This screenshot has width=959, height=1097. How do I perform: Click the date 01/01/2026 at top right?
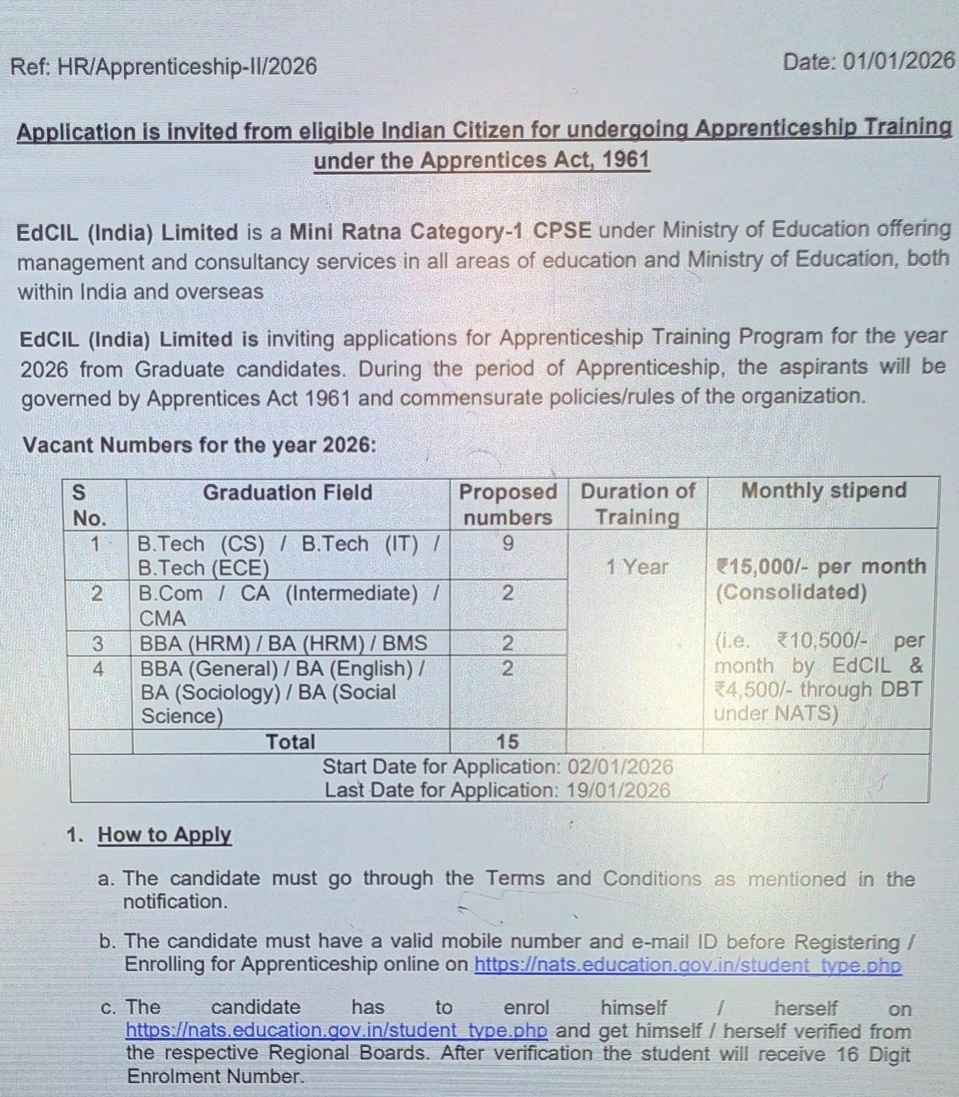(898, 61)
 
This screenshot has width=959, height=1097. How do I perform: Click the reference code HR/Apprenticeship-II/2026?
(187, 67)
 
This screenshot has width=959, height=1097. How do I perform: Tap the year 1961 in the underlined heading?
(626, 160)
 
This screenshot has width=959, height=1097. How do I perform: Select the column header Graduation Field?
(287, 492)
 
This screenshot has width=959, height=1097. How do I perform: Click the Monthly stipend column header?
(823, 490)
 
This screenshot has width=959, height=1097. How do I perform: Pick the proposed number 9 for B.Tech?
(507, 544)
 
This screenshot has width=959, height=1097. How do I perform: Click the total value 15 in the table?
(507, 741)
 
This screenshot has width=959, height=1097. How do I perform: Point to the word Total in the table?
(290, 741)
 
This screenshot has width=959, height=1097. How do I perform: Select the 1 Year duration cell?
(636, 567)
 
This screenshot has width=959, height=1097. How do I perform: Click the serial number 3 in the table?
(97, 643)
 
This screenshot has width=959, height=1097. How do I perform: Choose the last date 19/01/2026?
(618, 790)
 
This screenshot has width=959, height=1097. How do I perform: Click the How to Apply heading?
(165, 834)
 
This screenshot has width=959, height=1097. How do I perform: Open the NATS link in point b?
(687, 965)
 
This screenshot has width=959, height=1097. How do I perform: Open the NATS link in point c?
(337, 1030)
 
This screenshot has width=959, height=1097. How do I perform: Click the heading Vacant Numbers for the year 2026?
(199, 444)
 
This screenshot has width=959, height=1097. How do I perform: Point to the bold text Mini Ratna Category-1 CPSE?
(439, 231)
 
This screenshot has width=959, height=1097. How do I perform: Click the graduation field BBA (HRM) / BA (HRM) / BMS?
(283, 643)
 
